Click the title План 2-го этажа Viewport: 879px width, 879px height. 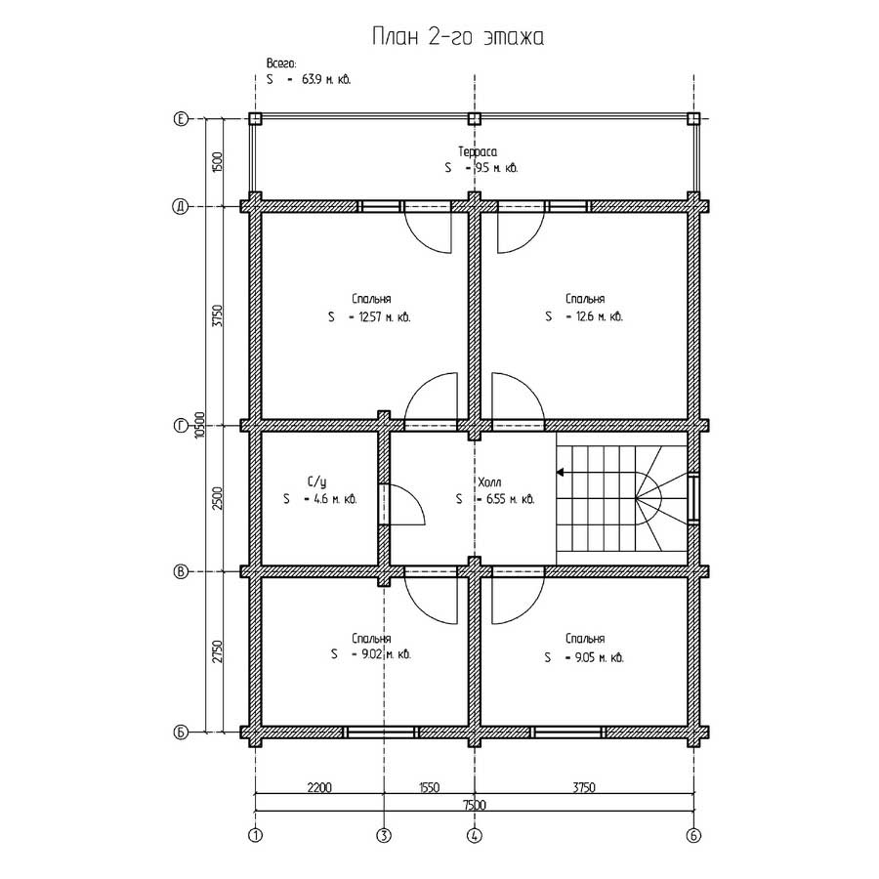(x=458, y=37)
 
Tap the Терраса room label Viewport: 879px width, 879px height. (x=477, y=151)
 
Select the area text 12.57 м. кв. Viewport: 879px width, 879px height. (x=385, y=316)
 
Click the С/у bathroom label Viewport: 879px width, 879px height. (x=316, y=481)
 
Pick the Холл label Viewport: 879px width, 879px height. (x=490, y=481)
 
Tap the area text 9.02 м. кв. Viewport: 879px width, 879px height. (x=385, y=654)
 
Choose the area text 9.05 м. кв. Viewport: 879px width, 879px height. (x=600, y=657)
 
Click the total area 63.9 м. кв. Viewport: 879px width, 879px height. (x=326, y=79)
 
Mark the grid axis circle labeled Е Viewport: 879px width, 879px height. (x=181, y=119)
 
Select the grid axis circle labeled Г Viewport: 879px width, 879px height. (x=181, y=426)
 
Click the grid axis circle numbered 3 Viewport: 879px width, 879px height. (x=384, y=836)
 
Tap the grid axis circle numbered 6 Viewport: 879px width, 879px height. (x=693, y=836)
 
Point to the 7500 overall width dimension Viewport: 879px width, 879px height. (x=475, y=805)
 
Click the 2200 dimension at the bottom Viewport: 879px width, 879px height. (x=319, y=787)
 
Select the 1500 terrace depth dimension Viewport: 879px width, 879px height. (x=218, y=162)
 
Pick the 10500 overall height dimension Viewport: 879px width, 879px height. (x=199, y=425)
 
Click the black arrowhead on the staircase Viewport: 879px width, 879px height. (x=560, y=473)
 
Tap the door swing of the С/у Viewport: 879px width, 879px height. (x=407, y=505)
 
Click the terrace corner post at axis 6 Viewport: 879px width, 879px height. (x=693, y=119)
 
